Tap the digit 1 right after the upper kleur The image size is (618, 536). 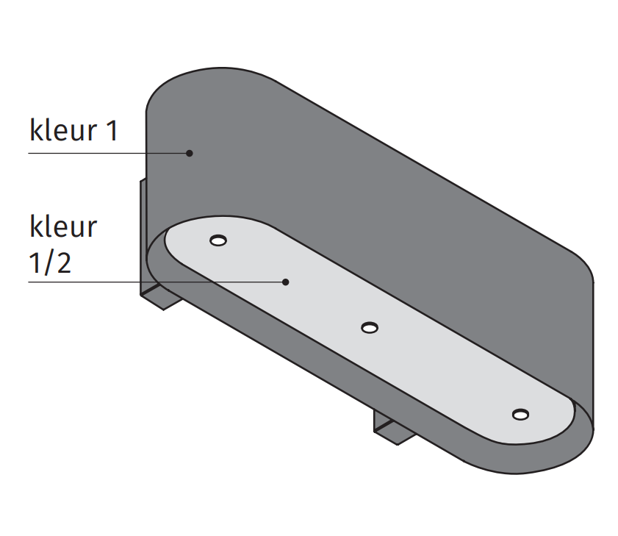coord(110,131)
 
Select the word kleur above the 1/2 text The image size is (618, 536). coord(62,226)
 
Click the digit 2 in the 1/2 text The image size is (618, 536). coord(63,262)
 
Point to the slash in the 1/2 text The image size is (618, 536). coord(48,263)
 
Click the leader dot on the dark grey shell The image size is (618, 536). coord(189,153)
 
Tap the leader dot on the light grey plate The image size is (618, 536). coord(287,282)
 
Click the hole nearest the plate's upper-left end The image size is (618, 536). coord(218,240)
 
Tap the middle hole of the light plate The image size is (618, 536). coord(370,327)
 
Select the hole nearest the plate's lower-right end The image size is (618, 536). coord(520,415)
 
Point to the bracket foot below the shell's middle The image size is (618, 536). coord(393,430)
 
